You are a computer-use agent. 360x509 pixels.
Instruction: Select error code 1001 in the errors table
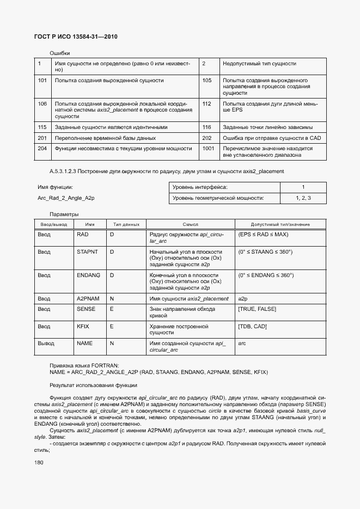tap(208, 148)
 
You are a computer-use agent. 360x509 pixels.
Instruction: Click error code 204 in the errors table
tap(42, 148)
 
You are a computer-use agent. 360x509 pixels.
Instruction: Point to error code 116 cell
tap(206, 127)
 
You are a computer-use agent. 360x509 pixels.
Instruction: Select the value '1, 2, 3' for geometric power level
tap(303, 198)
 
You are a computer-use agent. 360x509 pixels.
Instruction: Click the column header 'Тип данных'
tap(126, 224)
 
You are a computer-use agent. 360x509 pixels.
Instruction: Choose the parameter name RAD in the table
tap(83, 234)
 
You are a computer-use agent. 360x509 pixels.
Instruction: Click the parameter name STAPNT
tap(87, 252)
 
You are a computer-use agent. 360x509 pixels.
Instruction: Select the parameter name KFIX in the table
tap(84, 326)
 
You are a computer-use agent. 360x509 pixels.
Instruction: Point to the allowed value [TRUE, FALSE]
tap(257, 309)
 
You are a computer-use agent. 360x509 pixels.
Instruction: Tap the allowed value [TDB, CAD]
tap(253, 326)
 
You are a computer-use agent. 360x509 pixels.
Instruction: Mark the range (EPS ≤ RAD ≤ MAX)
tap(264, 234)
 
